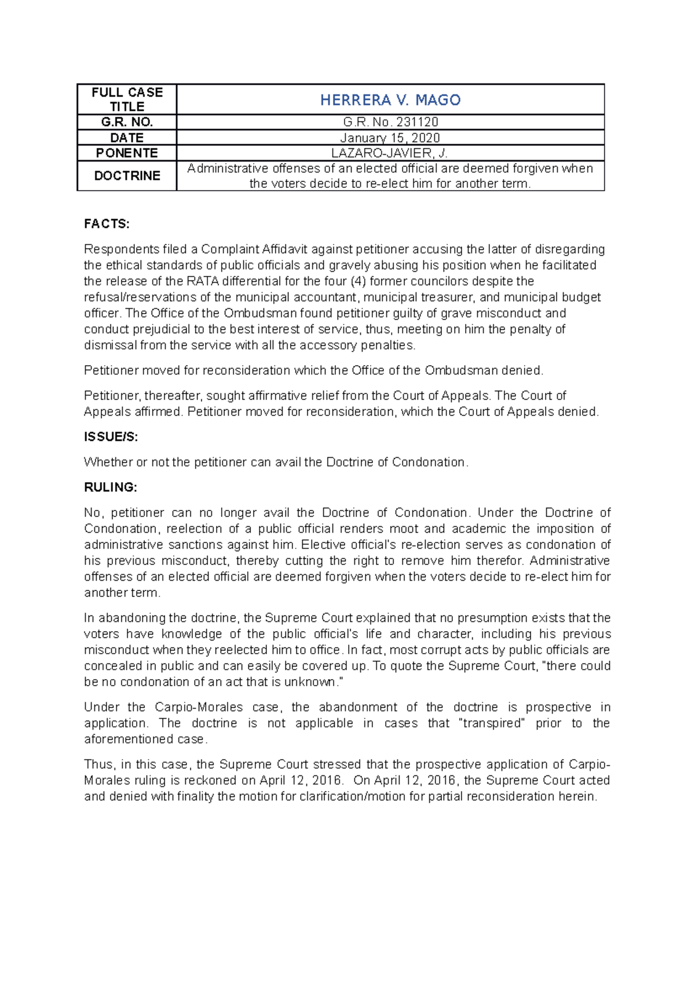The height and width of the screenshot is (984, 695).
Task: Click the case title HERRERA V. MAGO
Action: coord(390,100)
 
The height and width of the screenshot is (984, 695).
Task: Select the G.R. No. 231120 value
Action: coord(390,122)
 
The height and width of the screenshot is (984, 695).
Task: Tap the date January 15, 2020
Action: coord(390,138)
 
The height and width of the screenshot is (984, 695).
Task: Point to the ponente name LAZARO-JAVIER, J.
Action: coord(390,153)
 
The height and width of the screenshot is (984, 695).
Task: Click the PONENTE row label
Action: coord(127,153)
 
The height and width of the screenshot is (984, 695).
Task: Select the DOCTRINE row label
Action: coord(127,176)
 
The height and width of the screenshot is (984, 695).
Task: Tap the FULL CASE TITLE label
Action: coord(127,100)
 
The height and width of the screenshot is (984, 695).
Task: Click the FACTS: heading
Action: coord(107,224)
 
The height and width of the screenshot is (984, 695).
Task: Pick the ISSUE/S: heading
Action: coord(111,437)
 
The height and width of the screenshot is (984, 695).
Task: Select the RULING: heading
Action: coord(111,487)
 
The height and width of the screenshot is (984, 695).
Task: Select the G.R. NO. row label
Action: coord(127,122)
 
